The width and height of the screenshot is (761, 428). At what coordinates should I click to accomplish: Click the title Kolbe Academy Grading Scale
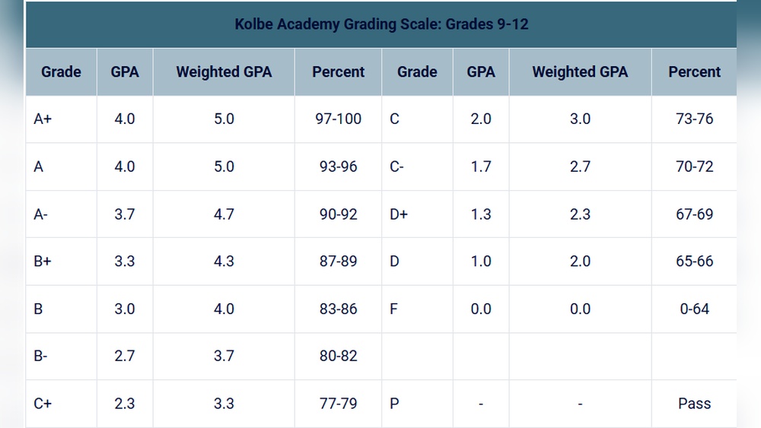pos(381,24)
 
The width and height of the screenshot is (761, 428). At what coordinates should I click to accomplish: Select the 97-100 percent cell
pos(338,119)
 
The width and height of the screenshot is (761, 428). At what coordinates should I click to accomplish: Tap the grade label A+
pos(43,119)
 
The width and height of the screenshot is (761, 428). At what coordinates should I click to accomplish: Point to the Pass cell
pos(694,404)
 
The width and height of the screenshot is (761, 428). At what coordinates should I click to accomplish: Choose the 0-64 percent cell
pos(694,309)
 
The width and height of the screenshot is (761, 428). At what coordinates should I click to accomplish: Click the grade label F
pos(393,309)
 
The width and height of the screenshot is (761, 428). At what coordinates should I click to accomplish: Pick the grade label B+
pos(43,261)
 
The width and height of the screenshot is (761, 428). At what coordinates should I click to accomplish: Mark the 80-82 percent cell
pos(338,356)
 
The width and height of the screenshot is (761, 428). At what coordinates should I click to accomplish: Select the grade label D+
pos(399,214)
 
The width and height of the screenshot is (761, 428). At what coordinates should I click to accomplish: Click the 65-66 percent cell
pos(694,261)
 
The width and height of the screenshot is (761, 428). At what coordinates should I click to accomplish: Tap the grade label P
pos(394,404)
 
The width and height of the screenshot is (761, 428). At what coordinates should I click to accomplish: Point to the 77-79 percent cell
pos(338,404)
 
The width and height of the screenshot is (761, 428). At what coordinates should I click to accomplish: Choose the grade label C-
pos(396,166)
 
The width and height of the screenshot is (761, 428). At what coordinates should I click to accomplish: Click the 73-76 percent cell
pos(694,119)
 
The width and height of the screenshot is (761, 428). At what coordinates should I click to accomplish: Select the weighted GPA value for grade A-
pos(224,214)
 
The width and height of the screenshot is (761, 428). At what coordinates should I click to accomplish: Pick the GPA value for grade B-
pos(124,356)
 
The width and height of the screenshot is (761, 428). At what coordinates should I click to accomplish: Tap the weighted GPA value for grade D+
pos(580,214)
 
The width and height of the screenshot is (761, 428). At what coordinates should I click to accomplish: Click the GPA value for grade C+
pos(124,404)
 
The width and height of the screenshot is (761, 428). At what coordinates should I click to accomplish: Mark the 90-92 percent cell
pos(338,214)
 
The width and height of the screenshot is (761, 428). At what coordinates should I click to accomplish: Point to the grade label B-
pos(41,356)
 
